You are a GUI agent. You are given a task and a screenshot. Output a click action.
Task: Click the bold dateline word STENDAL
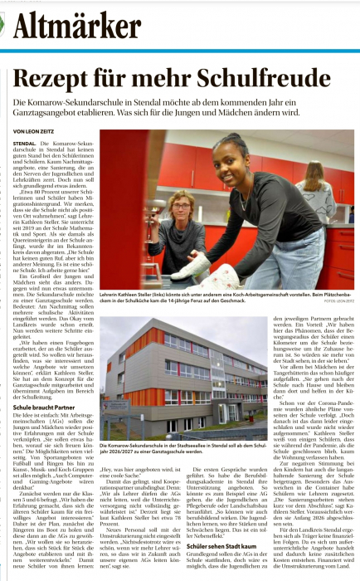[x=25, y=143]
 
